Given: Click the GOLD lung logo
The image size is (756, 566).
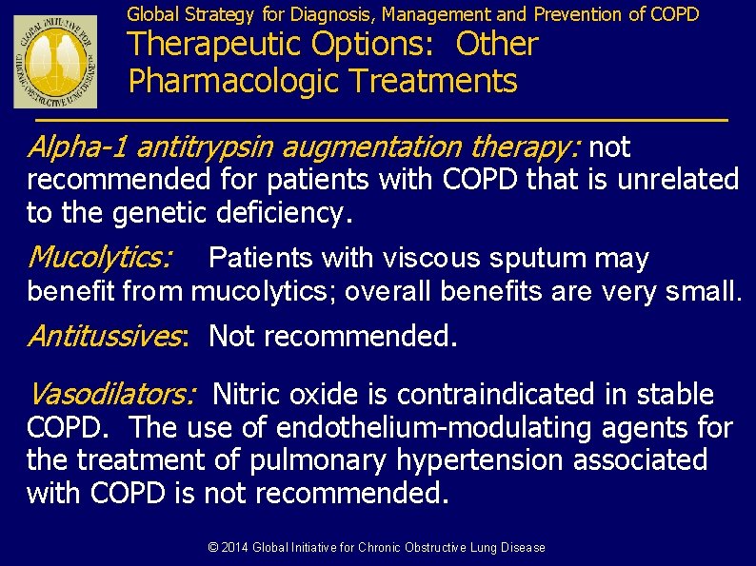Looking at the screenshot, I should tap(56, 62).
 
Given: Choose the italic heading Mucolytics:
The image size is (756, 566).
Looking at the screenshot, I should tap(100, 258).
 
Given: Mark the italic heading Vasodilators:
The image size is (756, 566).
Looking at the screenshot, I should tap(111, 393).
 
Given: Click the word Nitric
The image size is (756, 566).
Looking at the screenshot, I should tap(249, 393).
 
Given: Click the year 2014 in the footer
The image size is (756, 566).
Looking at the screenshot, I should tap(234, 548).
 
